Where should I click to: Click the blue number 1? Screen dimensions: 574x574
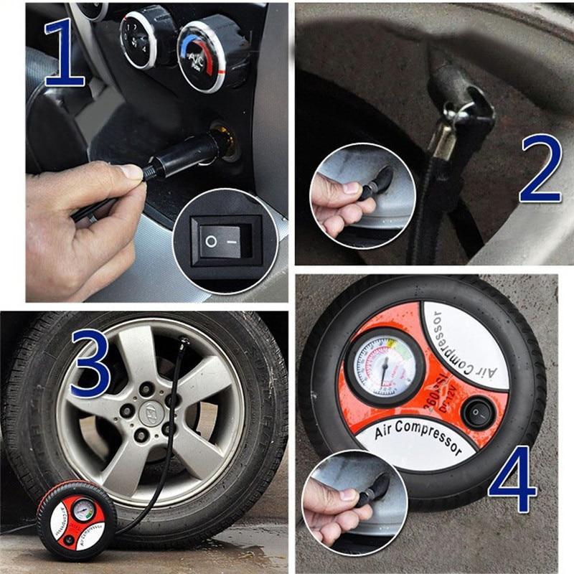(69, 54)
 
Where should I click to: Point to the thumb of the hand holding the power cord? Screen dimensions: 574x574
(129, 171)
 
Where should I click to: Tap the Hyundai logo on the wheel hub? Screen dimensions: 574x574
(151, 410)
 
